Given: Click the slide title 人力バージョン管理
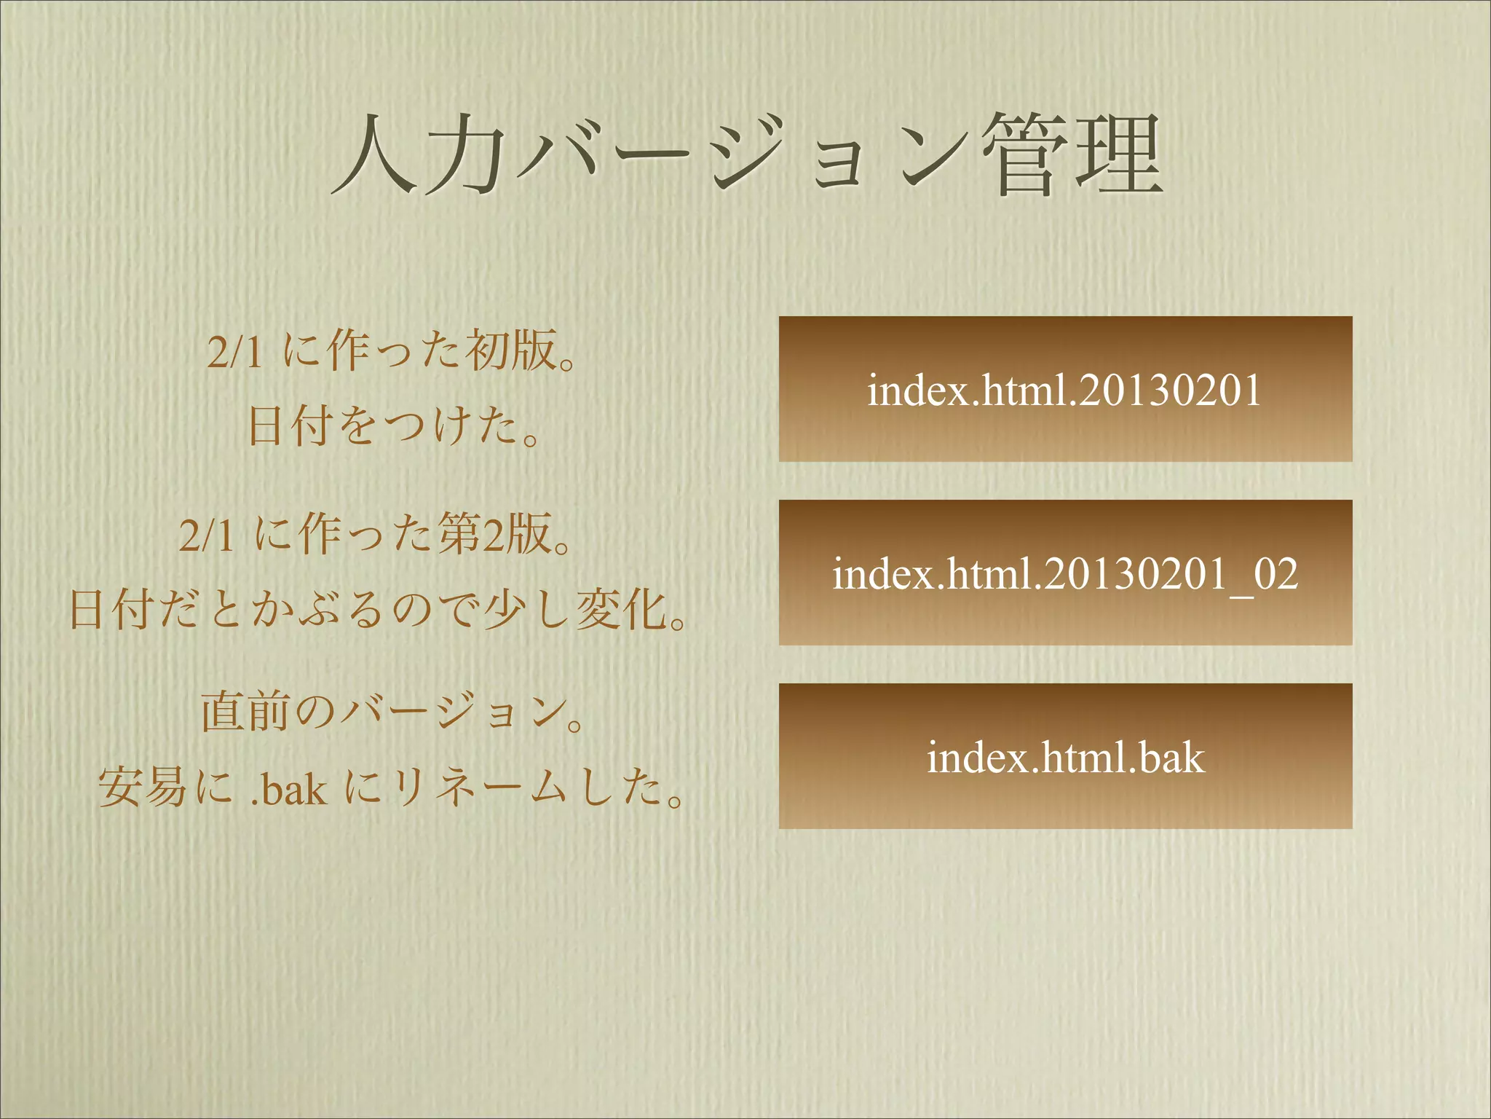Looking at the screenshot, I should click(746, 155).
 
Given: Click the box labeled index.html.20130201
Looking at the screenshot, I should click(1065, 389).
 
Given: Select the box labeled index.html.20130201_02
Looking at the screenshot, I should click(1065, 573).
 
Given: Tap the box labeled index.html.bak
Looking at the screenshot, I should click(1065, 756).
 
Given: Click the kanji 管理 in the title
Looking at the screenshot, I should click(1070, 155).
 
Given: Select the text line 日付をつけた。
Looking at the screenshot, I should click(393, 426).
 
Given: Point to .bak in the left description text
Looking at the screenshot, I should click(288, 788).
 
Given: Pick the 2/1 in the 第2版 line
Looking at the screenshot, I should click(206, 536).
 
